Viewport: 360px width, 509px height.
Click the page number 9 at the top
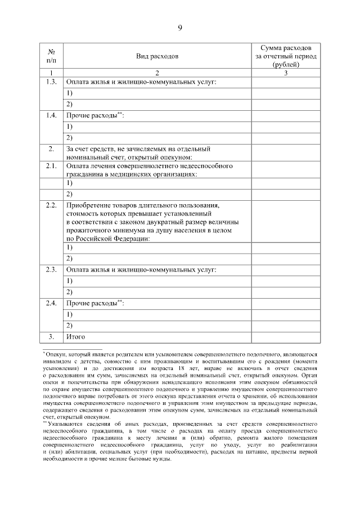pyautogui.click(x=179, y=27)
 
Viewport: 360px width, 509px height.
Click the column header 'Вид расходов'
pyautogui.click(x=157, y=57)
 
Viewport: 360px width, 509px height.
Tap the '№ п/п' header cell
pyautogui.click(x=51, y=56)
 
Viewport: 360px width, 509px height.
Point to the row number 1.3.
pyautogui.click(x=51, y=83)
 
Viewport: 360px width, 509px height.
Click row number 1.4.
pyautogui.click(x=51, y=115)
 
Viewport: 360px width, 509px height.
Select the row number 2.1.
pyautogui.click(x=51, y=166)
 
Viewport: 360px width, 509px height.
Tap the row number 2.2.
pyautogui.click(x=51, y=205)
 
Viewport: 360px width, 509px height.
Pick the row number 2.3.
pyautogui.click(x=51, y=270)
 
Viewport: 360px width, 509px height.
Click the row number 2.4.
pyautogui.click(x=51, y=303)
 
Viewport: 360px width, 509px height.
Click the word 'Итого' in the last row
pyautogui.click(x=75, y=336)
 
